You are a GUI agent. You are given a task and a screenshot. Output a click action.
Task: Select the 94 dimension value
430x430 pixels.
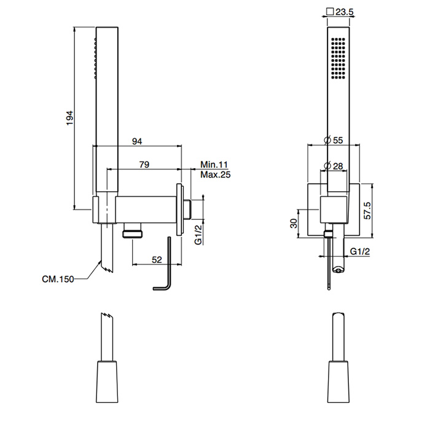(x=138, y=141)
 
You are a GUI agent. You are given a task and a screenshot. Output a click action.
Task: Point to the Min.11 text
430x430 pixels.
(x=214, y=165)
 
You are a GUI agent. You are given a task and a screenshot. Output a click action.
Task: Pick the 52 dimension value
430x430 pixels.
(x=157, y=260)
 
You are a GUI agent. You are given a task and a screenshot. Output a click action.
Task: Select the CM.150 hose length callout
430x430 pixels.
(x=58, y=279)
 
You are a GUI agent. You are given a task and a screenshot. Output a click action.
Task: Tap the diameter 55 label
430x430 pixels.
(x=334, y=140)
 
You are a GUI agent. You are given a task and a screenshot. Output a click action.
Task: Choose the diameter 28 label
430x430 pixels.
(x=334, y=165)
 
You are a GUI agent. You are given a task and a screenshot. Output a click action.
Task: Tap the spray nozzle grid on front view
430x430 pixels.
(x=337, y=58)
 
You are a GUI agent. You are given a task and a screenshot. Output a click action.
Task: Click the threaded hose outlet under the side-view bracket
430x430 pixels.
(x=133, y=233)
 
